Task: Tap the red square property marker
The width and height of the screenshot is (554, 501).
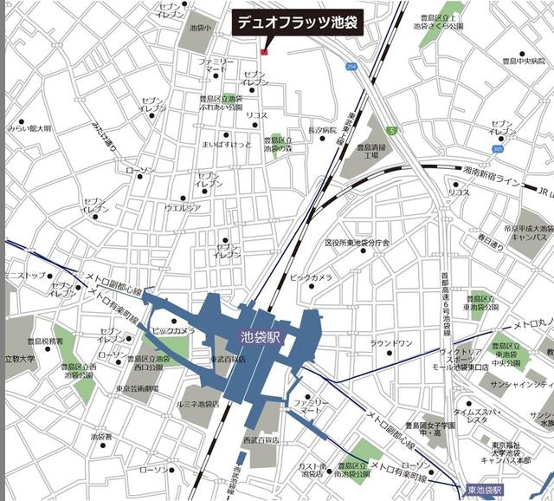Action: (x=264, y=52)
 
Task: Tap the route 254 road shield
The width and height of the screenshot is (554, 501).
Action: (x=351, y=67)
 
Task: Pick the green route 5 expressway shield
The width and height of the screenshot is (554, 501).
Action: (x=391, y=131)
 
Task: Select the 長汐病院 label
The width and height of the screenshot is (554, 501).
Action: (x=322, y=129)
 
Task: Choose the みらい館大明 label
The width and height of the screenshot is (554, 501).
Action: (x=29, y=128)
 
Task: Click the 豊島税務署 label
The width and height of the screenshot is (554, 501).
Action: (x=43, y=342)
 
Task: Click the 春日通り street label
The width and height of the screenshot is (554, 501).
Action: (x=490, y=235)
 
